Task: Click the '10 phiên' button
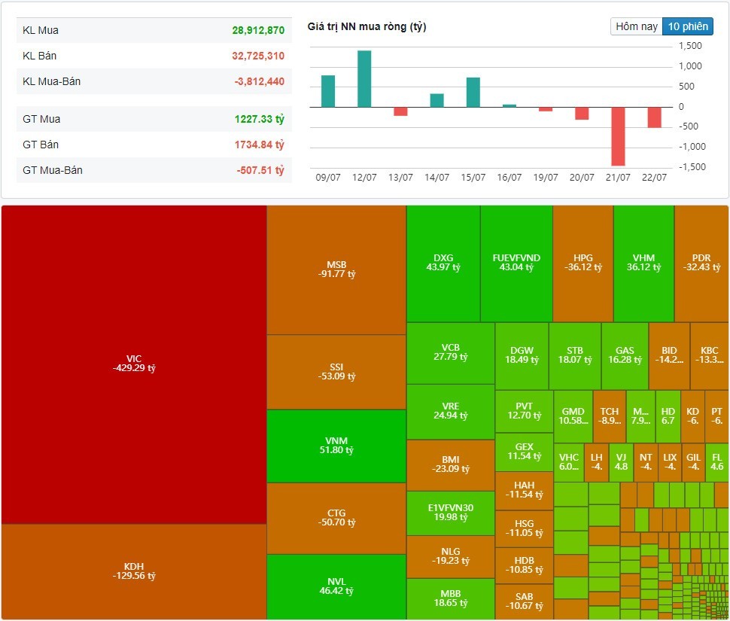tap(687, 26)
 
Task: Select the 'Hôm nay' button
tap(637, 26)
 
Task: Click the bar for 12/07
tap(364, 78)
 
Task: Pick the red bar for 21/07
tap(618, 135)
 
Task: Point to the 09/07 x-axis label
tap(327, 178)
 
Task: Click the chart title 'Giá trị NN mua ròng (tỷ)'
tap(367, 27)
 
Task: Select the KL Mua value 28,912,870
tap(258, 31)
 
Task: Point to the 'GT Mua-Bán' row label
tap(53, 170)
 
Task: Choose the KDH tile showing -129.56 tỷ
tap(134, 571)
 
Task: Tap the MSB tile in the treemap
tap(336, 269)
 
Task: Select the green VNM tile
tap(336, 446)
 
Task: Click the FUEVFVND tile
tap(516, 262)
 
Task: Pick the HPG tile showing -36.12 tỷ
tap(582, 262)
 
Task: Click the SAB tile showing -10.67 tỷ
tap(524, 601)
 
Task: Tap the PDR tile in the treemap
tap(701, 262)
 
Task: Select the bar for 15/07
tap(473, 92)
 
